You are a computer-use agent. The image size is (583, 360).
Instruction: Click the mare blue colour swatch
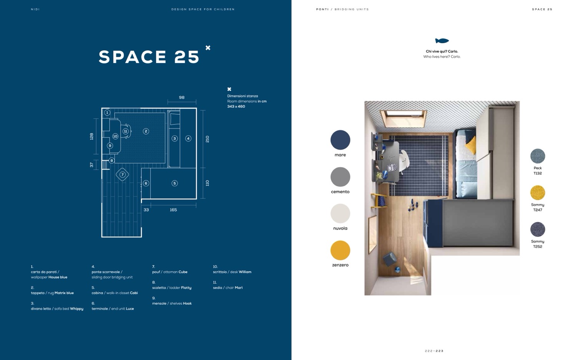tap(340, 140)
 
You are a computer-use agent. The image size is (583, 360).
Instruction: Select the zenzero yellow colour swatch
tap(340, 250)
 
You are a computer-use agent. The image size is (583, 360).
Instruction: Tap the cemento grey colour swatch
tap(340, 177)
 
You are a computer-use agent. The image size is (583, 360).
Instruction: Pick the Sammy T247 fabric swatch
tap(537, 193)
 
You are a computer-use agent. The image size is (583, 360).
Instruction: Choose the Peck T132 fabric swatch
tap(537, 156)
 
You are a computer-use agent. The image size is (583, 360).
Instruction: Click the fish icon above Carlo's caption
tap(442, 41)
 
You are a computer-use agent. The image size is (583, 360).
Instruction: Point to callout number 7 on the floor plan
tap(122, 175)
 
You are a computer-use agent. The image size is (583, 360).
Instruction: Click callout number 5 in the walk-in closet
tap(174, 183)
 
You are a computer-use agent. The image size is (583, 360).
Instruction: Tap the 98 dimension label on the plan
tap(182, 97)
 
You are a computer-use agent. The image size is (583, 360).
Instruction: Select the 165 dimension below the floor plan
tap(173, 210)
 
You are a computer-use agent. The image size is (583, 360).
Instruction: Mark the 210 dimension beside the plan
tap(207, 139)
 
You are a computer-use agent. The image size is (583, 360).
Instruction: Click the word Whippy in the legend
tap(76, 309)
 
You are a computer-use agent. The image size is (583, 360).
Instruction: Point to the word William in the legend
tap(245, 272)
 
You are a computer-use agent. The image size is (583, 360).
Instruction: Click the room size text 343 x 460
tap(236, 106)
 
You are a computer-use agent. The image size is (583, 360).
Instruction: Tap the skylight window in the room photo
tap(403, 117)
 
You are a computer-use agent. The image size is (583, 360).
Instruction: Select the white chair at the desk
tap(404, 160)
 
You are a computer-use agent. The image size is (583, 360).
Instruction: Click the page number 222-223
tap(434, 351)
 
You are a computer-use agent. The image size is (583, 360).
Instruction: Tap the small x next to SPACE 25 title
tap(208, 48)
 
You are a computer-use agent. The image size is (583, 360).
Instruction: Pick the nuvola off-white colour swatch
tap(340, 213)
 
